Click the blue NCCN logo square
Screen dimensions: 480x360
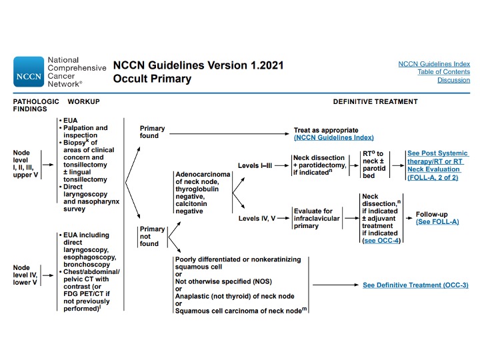(29, 71)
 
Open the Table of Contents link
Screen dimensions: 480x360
(443, 72)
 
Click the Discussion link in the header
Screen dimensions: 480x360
(453, 80)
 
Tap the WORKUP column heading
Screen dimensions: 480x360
(83, 101)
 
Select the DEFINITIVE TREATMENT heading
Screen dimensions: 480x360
(375, 101)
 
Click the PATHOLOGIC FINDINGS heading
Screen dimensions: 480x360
(36, 105)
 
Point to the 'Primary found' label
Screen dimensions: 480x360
(152, 132)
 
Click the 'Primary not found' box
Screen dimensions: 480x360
(152, 236)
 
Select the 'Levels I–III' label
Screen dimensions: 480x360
(255, 165)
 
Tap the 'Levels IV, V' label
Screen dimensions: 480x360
(257, 218)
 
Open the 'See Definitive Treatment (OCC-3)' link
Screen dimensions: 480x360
(415, 285)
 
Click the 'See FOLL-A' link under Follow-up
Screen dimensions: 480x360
(437, 222)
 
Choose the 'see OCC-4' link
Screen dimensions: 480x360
(382, 241)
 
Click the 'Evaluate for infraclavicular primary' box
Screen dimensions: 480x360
(317, 218)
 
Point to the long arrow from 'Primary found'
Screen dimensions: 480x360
(229, 134)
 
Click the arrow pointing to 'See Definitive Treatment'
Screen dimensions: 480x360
(335, 285)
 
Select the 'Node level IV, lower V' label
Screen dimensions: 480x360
(25, 275)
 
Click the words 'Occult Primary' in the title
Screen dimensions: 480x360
(152, 79)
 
